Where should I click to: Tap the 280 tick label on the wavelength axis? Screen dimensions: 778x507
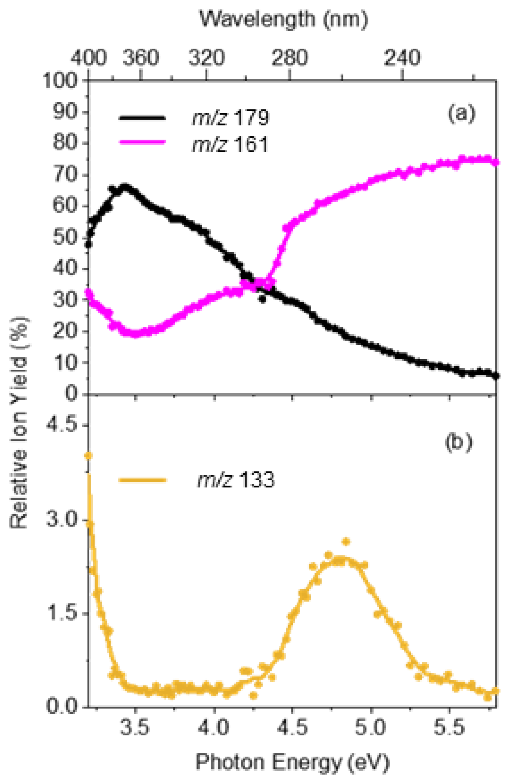[x=290, y=58]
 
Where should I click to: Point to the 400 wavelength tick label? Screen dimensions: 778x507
[x=89, y=58]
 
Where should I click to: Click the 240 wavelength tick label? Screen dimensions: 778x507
[x=402, y=58]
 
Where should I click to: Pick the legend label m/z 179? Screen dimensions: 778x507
[x=230, y=118]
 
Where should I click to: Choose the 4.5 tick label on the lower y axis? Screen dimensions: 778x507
[x=62, y=425]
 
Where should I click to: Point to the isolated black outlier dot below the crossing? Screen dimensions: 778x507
[x=262, y=299]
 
